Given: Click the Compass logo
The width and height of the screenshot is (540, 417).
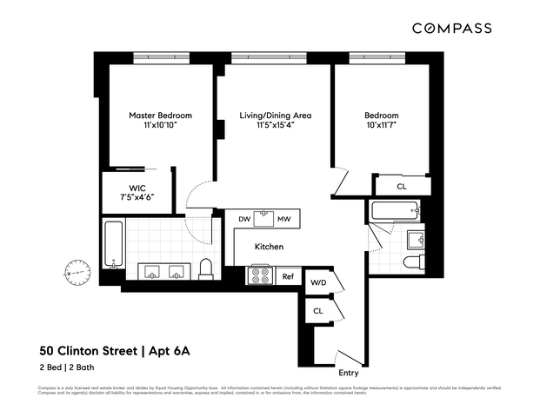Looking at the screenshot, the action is (x=451, y=28).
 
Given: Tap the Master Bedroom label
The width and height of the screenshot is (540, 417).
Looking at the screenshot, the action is (x=160, y=116).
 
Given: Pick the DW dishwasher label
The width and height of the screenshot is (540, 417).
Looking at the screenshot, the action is (x=245, y=219).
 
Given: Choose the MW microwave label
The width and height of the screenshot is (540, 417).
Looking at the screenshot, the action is (x=284, y=219).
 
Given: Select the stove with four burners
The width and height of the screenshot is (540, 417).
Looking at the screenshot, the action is (x=261, y=275).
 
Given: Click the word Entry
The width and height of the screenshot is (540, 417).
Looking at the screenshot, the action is (x=348, y=373).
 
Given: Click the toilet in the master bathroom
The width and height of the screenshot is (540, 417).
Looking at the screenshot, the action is (x=206, y=268).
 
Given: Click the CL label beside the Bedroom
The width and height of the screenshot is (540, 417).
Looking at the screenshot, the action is (x=402, y=187).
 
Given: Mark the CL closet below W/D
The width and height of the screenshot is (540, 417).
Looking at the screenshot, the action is (x=317, y=310).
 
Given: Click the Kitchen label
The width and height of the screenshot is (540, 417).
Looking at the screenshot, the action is (x=270, y=247).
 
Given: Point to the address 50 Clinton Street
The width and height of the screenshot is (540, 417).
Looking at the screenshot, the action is (x=89, y=352).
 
